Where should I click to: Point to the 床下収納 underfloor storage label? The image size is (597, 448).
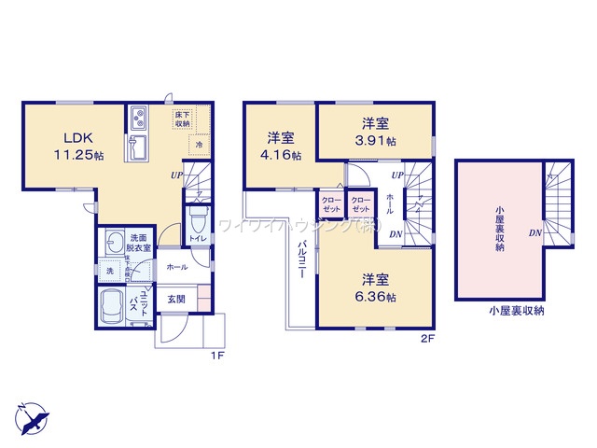tap(183, 119)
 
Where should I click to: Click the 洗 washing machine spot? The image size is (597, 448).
tap(109, 271)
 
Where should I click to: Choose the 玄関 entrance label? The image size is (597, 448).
tap(176, 299)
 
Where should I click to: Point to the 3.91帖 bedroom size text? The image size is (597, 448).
tap(378, 142)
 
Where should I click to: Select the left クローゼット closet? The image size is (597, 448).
tap(331, 205)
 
